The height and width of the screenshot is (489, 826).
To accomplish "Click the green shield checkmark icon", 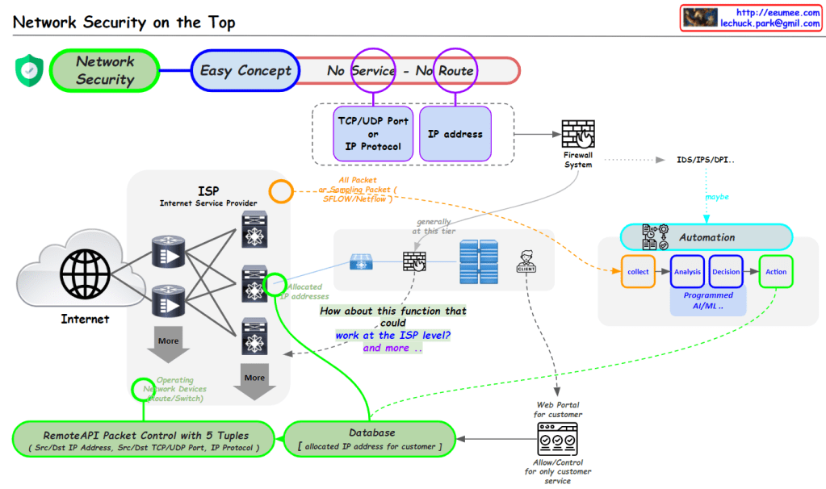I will click(x=28, y=70).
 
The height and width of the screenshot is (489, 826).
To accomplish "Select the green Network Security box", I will click(x=105, y=70).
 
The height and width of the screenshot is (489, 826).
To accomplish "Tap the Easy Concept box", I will click(x=245, y=70).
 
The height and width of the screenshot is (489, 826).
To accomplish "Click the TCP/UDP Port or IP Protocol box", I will click(x=372, y=133).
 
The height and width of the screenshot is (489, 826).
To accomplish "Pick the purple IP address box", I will click(x=455, y=133).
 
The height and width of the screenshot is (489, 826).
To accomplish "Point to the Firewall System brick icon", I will click(x=577, y=134).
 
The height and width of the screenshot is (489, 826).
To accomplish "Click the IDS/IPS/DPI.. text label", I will click(x=706, y=160).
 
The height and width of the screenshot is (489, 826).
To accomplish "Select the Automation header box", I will click(x=707, y=237).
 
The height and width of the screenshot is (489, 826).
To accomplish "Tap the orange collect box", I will click(x=638, y=272).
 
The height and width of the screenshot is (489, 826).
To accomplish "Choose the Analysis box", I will click(x=687, y=272).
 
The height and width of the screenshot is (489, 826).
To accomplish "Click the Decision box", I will click(x=726, y=272).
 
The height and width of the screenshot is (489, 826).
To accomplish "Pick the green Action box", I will click(x=776, y=272).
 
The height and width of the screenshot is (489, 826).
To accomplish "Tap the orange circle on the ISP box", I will click(x=280, y=191).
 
